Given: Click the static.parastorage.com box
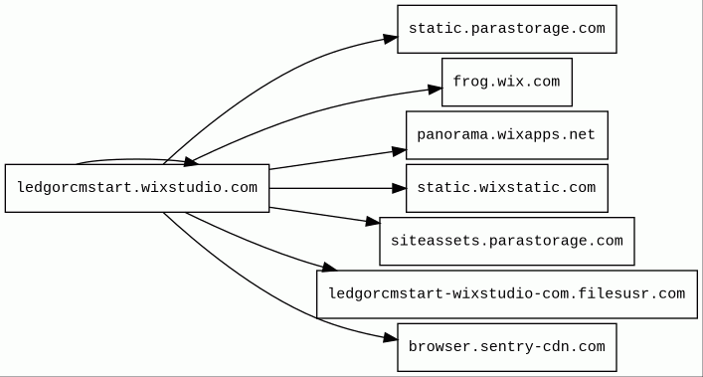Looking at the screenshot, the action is [x=507, y=29].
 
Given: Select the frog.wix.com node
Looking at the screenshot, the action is [x=507, y=82].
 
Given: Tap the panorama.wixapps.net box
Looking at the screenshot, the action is [x=507, y=135].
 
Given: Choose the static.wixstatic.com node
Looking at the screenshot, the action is [x=507, y=188].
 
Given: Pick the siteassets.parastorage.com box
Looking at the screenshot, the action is [x=507, y=241].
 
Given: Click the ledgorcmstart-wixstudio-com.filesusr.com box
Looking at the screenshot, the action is [x=507, y=294].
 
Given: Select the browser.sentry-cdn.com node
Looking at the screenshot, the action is [x=507, y=347].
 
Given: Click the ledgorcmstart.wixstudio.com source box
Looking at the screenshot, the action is [x=137, y=188].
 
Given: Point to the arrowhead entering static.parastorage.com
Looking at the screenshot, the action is [x=391, y=39].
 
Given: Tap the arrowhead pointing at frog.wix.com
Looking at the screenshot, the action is [x=435, y=90].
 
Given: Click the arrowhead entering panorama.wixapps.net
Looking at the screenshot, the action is [x=399, y=151].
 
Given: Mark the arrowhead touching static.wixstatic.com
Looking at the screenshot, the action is [x=399, y=188].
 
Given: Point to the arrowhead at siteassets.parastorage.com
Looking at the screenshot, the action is [x=373, y=222].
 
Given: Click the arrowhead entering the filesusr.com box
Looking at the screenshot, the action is [x=329, y=268].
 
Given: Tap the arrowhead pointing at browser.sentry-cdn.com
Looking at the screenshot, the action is [x=391, y=338].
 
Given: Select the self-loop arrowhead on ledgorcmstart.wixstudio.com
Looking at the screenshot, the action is [x=191, y=162].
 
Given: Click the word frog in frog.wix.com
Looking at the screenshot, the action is [x=466, y=82].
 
